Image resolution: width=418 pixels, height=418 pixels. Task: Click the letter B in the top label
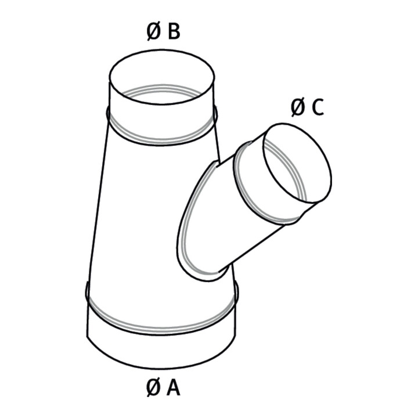[174, 31]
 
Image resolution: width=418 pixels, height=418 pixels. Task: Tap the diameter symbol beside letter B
[153, 31]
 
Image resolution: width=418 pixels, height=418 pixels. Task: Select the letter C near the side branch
[318, 107]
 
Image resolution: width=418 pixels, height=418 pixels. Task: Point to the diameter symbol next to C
[298, 107]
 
